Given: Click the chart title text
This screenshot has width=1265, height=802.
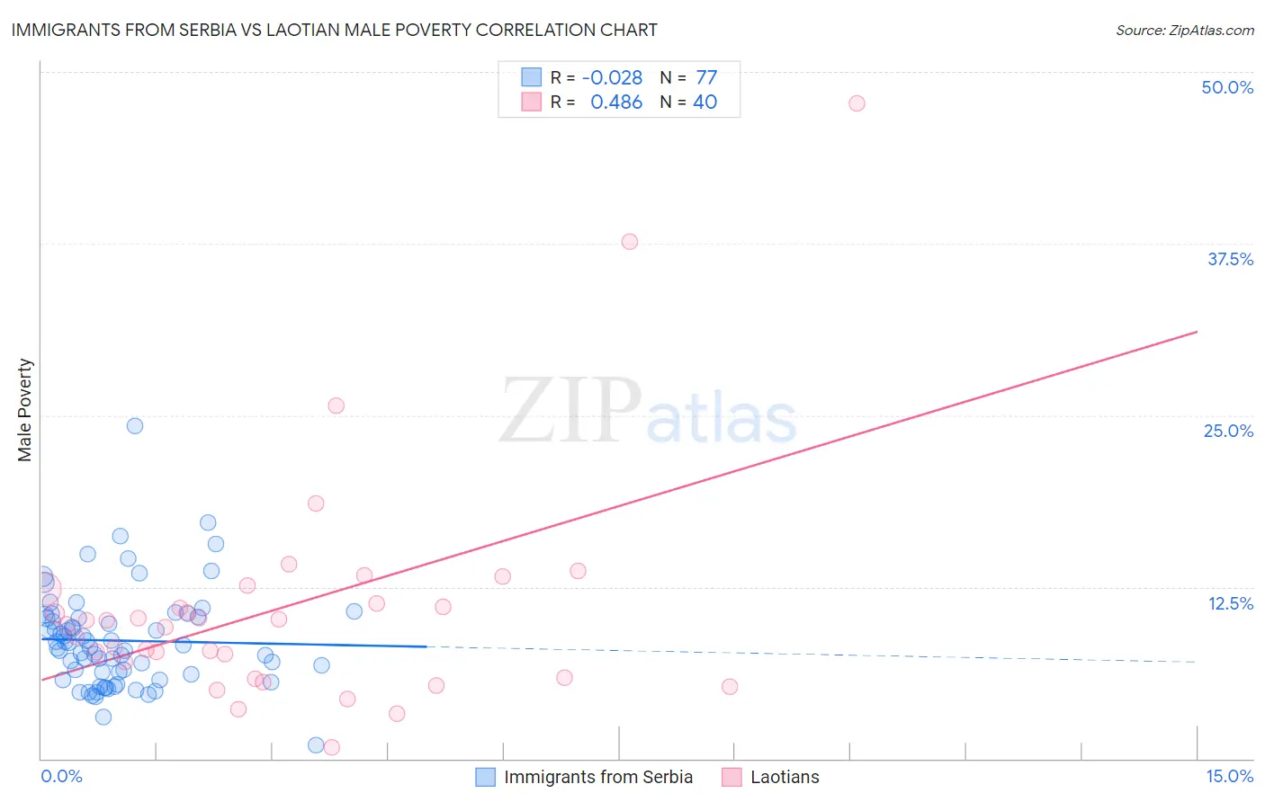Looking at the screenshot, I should (x=334, y=30).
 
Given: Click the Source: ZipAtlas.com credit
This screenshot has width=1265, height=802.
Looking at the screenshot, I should (x=1184, y=30).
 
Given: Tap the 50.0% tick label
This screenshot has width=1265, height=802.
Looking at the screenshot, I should (x=1227, y=87).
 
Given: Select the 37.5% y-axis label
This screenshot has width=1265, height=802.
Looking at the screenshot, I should (x=1230, y=259).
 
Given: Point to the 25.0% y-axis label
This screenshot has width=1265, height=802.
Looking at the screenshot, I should (x=1228, y=431).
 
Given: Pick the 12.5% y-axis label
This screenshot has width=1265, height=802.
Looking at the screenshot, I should (x=1230, y=602).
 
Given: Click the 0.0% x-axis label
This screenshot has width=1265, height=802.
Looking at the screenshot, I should (x=61, y=776).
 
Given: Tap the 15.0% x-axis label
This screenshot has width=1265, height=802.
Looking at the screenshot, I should (x=1229, y=776).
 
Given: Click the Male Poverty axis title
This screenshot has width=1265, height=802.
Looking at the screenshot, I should (x=25, y=410).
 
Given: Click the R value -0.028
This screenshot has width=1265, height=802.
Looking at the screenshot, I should (x=612, y=77).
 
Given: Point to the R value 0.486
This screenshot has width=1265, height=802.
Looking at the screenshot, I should (x=616, y=102).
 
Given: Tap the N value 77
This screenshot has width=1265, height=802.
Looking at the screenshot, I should (x=706, y=77).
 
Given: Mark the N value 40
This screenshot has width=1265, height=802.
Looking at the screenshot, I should (x=704, y=102).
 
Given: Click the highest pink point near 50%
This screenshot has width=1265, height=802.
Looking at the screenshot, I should (x=857, y=103).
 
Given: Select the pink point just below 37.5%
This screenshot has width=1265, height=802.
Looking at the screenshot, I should (x=630, y=242).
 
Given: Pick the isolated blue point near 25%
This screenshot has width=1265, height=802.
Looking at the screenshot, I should (x=135, y=426).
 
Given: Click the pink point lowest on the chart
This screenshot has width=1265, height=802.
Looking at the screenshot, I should (x=331, y=747).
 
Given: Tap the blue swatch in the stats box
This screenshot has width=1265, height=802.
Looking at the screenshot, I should (x=532, y=77).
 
